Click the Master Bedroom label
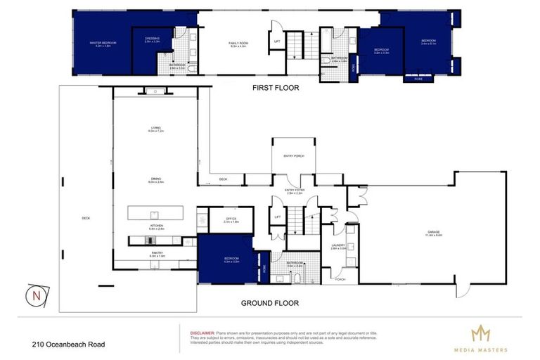tap(102, 44)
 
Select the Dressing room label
tap(152, 39)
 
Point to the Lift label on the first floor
tap(276, 42)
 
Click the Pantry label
tap(156, 254)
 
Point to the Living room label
tap(155, 129)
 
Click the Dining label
tap(155, 179)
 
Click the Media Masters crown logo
tap(482, 333)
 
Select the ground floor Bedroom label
tap(232, 259)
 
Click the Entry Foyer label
tap(293, 191)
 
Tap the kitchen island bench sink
tap(154, 214)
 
